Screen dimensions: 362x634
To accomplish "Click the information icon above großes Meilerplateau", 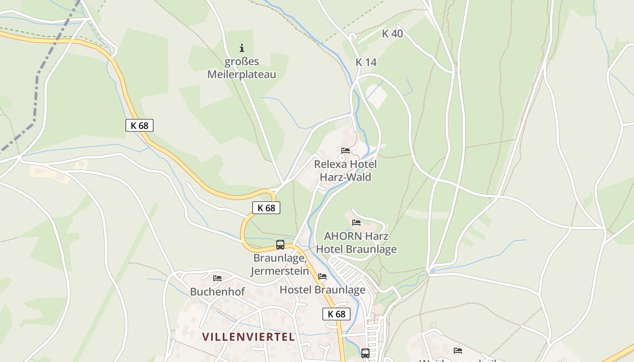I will click(242, 48).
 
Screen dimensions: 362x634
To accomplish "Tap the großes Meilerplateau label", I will click(241, 68).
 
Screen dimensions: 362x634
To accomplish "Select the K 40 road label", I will click(392, 33).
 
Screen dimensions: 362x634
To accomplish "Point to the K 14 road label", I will click(366, 62).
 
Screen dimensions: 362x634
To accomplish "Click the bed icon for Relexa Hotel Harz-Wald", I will click(346, 151).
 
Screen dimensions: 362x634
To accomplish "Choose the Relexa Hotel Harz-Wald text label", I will click(346, 171).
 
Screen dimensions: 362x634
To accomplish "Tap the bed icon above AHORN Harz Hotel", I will click(356, 223).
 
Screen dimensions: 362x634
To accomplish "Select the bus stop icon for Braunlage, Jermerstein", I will click(280, 245).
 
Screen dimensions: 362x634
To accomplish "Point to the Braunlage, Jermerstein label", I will click(281, 265).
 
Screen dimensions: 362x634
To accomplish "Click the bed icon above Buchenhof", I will click(217, 278).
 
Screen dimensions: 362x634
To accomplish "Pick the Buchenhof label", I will click(217, 292).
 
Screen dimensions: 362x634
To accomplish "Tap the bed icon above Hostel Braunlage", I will click(322, 276).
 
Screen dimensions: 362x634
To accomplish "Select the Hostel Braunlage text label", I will click(322, 290).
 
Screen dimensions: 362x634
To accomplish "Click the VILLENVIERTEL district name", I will click(249, 337).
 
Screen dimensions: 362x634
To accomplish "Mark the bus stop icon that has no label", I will click(365, 353).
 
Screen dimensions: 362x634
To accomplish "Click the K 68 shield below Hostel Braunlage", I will click(336, 314).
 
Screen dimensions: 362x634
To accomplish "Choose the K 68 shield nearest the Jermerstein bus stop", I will click(266, 208).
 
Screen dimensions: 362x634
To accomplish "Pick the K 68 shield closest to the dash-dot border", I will click(139, 125).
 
